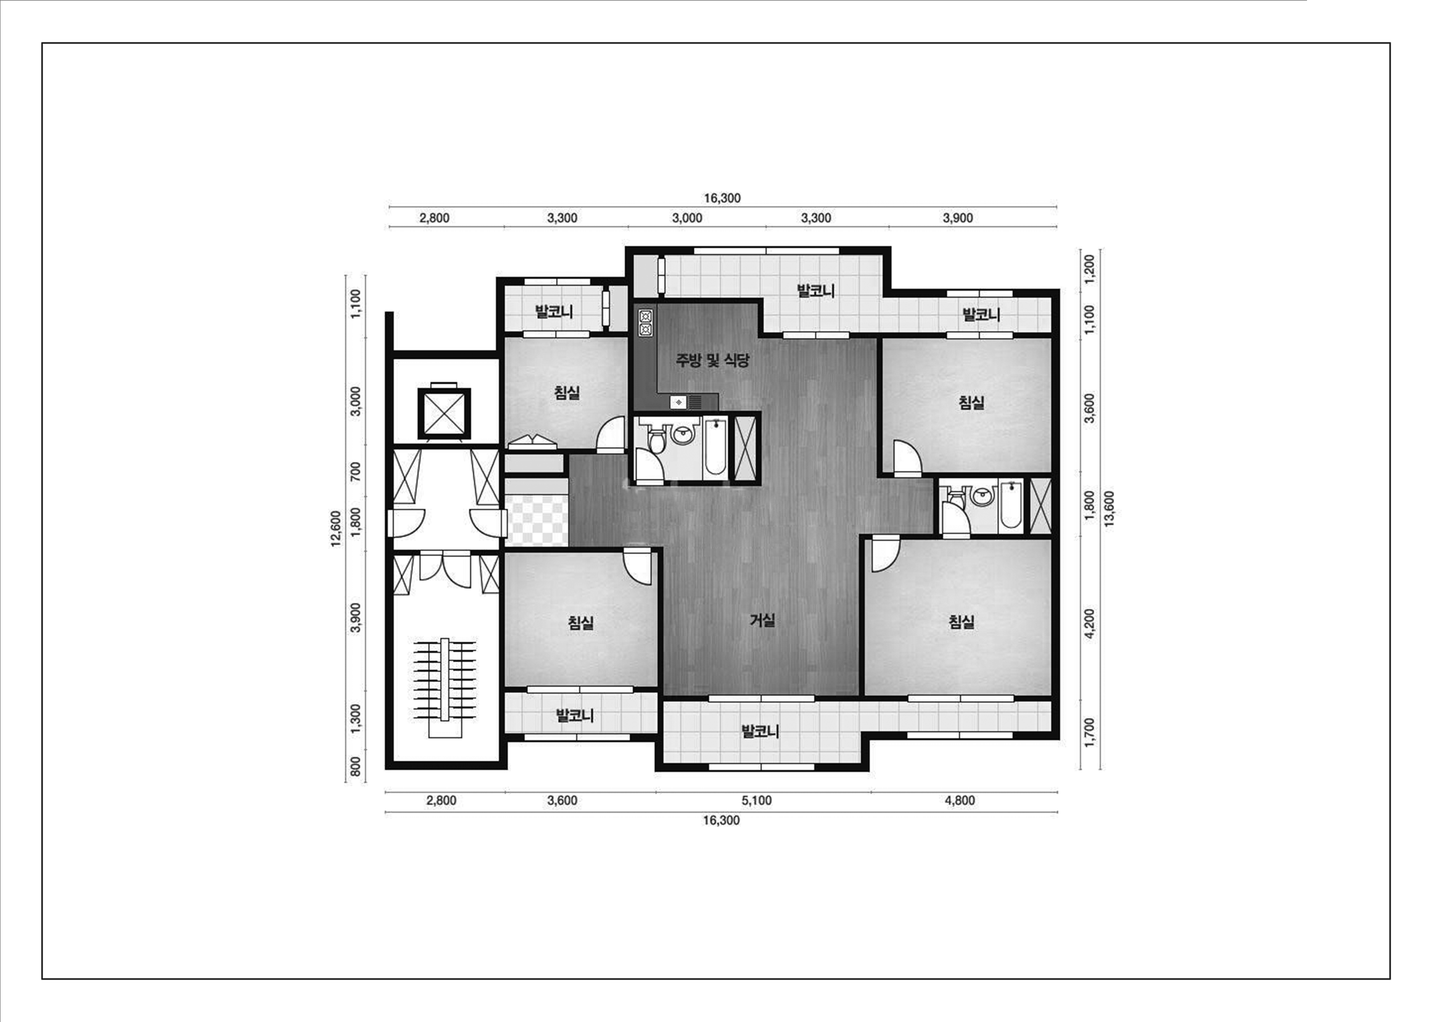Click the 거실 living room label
pos(762,620)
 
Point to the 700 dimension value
pos(355,472)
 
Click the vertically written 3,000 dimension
pos(355,401)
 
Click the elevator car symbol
pos(444,413)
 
